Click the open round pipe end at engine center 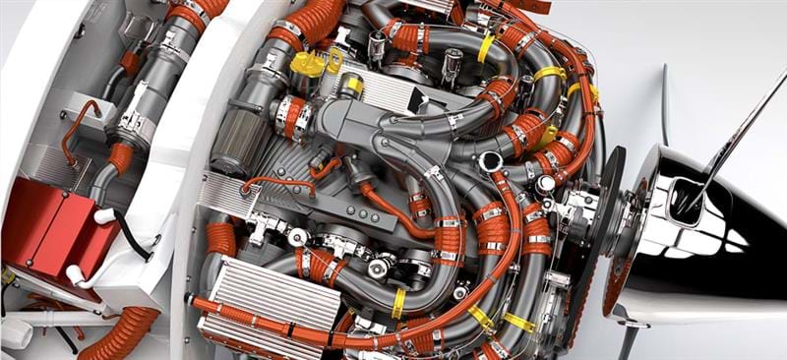click(490, 161)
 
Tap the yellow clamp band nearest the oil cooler click(397, 303)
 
